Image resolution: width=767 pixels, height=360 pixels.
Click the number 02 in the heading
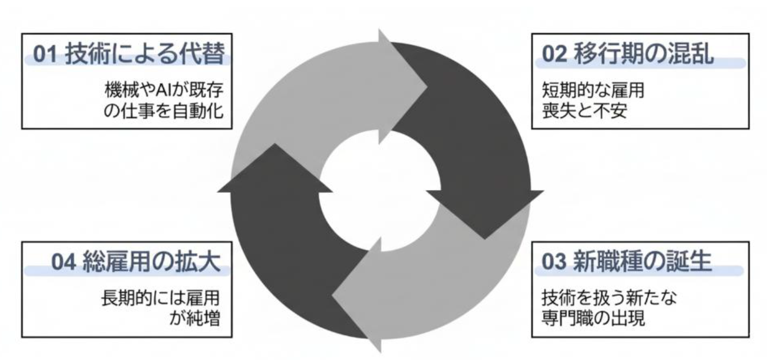pyautogui.click(x=555, y=56)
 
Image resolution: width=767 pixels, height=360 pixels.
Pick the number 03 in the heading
pyautogui.click(x=555, y=262)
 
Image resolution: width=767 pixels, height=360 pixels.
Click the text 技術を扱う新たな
pyautogui.click(x=609, y=297)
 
